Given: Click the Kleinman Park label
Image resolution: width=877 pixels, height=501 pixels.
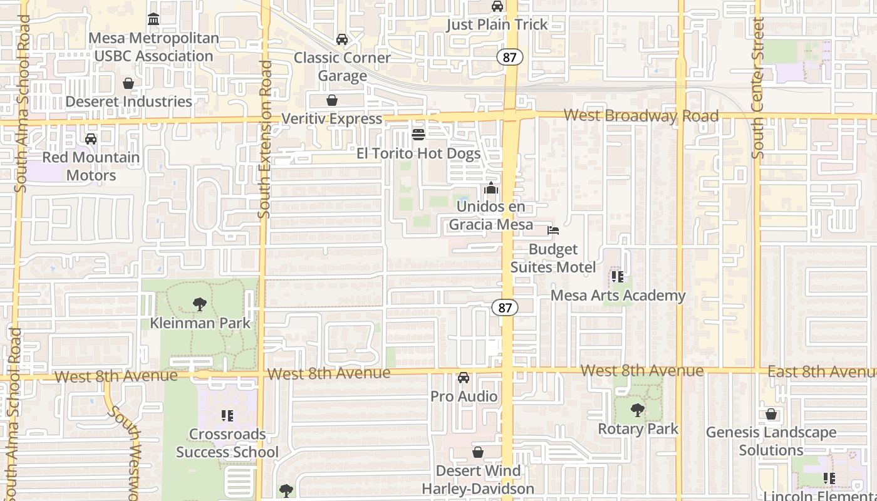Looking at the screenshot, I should point(200,323).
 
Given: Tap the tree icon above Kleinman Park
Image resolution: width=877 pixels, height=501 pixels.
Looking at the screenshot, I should point(200,305).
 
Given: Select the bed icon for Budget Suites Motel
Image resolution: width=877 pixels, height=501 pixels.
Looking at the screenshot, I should point(553,230).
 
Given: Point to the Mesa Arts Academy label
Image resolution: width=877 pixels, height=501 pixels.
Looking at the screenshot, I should point(618,296).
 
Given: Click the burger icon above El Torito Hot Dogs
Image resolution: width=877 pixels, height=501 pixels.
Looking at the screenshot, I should point(418,135).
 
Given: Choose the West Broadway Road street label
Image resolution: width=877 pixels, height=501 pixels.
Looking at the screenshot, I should point(640,116).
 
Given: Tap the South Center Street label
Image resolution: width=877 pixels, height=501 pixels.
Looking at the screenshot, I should point(758,88).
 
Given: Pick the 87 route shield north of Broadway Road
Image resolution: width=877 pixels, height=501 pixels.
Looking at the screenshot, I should point(510,57).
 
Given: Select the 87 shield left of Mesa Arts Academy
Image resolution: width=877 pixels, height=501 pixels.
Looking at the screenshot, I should point(504,307).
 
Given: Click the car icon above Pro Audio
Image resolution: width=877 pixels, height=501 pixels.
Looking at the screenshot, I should point(464,378).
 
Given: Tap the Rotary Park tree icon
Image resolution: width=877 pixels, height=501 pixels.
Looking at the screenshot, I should point(638,411).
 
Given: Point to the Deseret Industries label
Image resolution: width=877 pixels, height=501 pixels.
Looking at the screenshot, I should point(128,101).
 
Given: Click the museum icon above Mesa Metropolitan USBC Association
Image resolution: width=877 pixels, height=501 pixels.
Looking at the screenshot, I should point(153,19).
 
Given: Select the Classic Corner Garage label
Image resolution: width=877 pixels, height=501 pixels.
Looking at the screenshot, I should point(342,66).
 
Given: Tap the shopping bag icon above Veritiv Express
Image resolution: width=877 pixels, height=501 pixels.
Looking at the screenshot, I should point(332,101).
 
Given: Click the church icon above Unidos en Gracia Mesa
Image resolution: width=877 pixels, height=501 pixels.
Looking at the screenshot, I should point(491,188).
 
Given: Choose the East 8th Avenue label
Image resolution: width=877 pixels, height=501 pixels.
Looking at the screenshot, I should point(821,371).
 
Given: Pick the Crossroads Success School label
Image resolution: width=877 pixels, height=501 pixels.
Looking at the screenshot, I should point(227,443).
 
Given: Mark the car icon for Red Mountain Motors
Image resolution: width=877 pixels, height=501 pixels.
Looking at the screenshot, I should point(91,139).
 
